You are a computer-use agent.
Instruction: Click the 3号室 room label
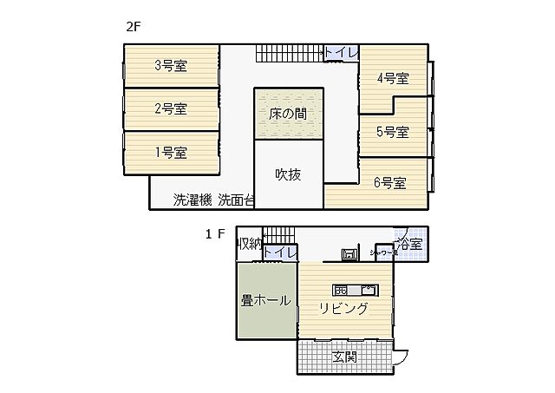[x=171, y=65]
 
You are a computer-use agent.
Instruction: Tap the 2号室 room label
[x=171, y=109]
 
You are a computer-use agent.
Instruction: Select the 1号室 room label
[x=171, y=153]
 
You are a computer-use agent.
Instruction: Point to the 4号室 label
[x=393, y=78]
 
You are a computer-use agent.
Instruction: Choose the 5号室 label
[x=393, y=132]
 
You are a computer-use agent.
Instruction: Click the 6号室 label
[x=389, y=183]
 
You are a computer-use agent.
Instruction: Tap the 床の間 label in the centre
[x=288, y=114]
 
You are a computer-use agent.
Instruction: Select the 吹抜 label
[x=288, y=174]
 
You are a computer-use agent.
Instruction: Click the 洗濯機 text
[x=192, y=200]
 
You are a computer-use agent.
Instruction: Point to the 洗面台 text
[x=236, y=200]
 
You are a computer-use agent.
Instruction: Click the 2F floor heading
[x=133, y=26]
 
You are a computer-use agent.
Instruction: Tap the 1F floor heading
[x=215, y=233]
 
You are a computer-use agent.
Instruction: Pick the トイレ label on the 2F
[x=341, y=53]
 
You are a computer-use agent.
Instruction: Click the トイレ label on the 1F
[x=280, y=252]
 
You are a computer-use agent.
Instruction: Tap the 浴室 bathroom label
[x=409, y=244]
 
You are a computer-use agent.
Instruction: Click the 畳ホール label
[x=265, y=301]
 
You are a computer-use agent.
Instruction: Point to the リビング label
[x=343, y=309]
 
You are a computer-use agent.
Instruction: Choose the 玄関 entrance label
[x=344, y=357]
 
